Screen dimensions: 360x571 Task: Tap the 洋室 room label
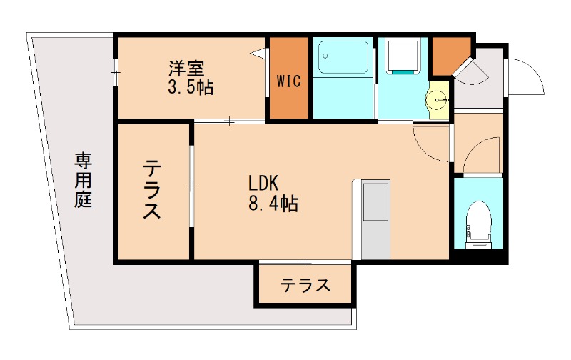pos(187,69)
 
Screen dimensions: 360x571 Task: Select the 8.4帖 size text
pos(273,204)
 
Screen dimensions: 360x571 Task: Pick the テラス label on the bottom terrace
pos(305,286)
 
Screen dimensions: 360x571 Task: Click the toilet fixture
pos(478,221)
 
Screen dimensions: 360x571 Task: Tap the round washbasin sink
pos(437,101)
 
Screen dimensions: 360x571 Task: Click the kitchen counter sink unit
pos(375,202)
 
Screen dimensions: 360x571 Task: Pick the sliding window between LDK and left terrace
pos(191,186)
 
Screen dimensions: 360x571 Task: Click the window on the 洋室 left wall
pos(115,71)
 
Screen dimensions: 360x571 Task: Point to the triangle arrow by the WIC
pos(258,52)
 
